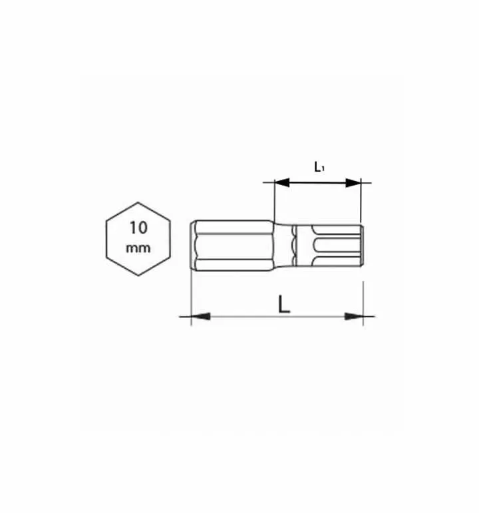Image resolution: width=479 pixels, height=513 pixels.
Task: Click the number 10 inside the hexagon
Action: pyautogui.click(x=138, y=227)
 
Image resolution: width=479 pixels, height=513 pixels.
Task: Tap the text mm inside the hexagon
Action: pyautogui.click(x=138, y=248)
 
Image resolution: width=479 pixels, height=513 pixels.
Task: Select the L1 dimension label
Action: pyautogui.click(x=319, y=167)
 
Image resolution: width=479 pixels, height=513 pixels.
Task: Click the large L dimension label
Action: pyautogui.click(x=284, y=304)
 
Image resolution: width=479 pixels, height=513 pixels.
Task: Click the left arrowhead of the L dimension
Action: pyautogui.click(x=200, y=316)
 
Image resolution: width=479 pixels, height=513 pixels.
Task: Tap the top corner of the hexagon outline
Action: pyautogui.click(x=138, y=202)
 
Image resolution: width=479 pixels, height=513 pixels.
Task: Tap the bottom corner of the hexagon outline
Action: pyautogui.click(x=138, y=276)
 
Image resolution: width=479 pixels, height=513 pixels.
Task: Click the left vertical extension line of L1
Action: pyautogui.click(x=275, y=200)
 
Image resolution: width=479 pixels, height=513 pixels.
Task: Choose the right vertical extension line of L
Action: pyautogui.click(x=363, y=299)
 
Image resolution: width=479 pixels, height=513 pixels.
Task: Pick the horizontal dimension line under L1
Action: pyautogui.click(x=318, y=182)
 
